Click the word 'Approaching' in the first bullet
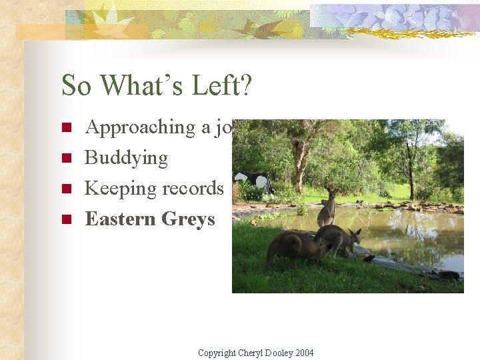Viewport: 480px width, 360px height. pyautogui.click(x=140, y=127)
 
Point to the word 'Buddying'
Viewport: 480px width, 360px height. pyautogui.click(x=126, y=158)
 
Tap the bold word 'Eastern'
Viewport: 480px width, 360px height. pyautogui.click(x=122, y=219)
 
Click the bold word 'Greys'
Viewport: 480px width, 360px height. pyautogui.click(x=189, y=219)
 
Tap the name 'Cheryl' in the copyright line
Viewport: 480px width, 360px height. pyautogui.click(x=252, y=353)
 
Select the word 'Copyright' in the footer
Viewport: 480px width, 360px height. pyautogui.click(x=217, y=353)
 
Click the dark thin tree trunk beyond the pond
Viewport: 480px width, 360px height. pyautogui.click(x=411, y=177)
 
